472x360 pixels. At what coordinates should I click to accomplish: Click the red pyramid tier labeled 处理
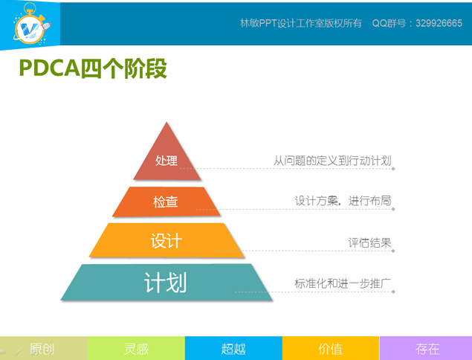click(167, 160)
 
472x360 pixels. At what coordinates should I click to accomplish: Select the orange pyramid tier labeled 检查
click(166, 202)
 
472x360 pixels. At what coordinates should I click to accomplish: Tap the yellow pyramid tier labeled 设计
click(166, 241)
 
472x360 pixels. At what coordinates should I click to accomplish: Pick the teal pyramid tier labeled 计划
click(166, 283)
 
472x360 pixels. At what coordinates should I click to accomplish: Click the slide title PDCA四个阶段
click(92, 69)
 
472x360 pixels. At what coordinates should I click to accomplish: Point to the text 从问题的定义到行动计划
click(332, 160)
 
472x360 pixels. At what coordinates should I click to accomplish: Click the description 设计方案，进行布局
click(343, 201)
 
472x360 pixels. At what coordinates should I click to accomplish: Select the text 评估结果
click(369, 242)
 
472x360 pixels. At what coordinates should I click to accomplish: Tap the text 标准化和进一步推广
click(343, 283)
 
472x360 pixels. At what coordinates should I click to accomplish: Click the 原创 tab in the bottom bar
click(44, 348)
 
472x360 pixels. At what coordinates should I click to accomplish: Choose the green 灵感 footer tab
click(137, 348)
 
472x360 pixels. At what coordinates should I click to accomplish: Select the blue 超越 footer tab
click(233, 348)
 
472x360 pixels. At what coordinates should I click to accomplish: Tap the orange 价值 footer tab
click(330, 348)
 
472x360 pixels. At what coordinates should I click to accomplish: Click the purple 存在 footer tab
click(427, 348)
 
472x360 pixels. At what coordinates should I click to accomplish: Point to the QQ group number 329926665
click(430, 23)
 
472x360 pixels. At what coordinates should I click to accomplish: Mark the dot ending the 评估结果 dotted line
click(393, 251)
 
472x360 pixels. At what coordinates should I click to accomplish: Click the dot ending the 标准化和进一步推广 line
click(393, 292)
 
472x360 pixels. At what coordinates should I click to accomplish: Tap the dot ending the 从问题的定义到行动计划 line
click(393, 169)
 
